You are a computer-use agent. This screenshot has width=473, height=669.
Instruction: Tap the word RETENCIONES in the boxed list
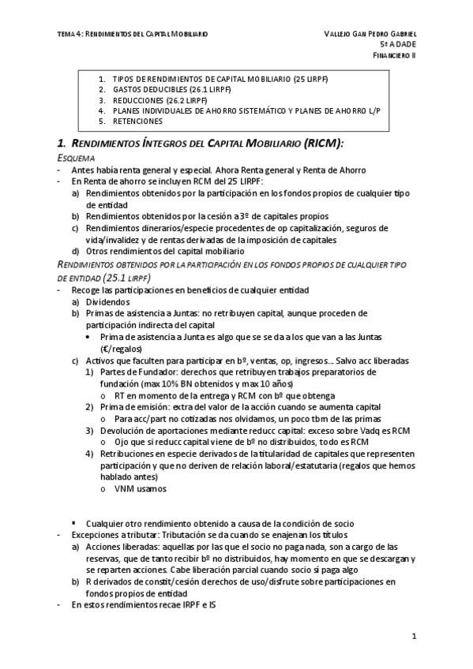(137, 121)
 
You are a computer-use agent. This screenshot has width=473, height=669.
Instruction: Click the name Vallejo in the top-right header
(340, 34)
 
